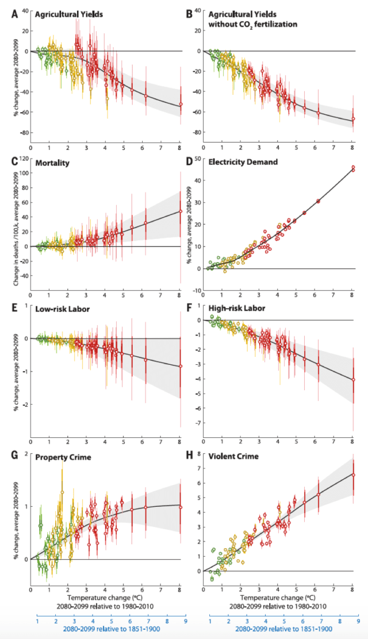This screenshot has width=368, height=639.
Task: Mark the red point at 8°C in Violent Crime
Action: pos(353,475)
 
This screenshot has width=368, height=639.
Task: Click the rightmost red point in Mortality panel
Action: pos(180,211)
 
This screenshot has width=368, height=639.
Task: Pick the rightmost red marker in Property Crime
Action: pos(180,507)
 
